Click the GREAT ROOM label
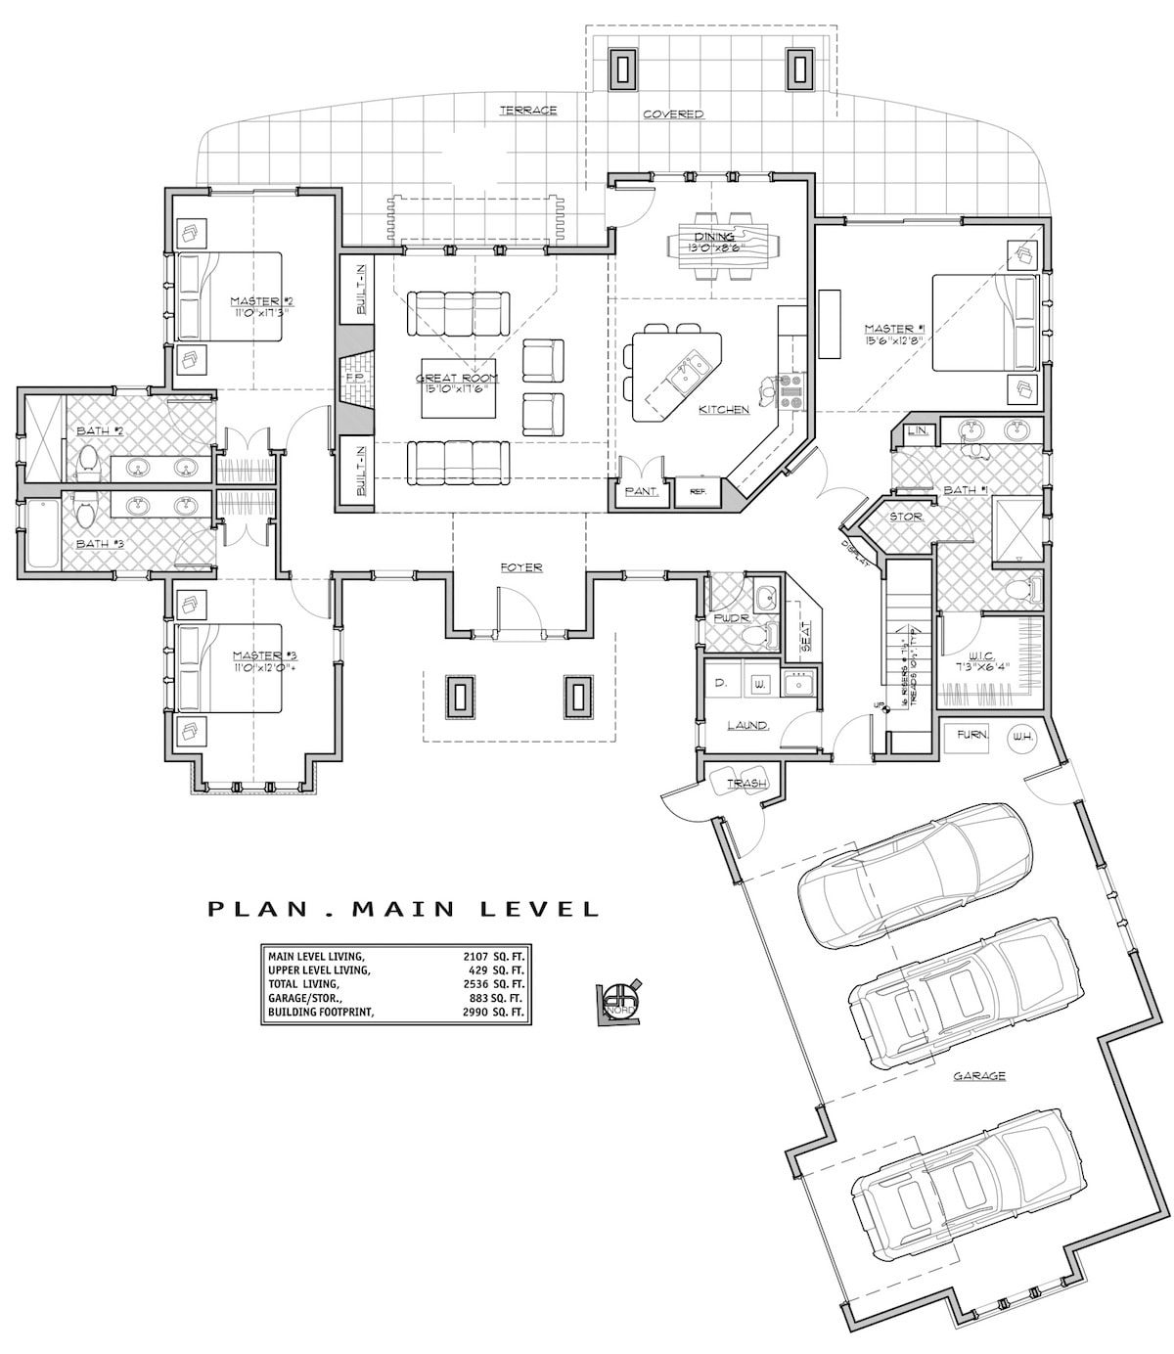click(457, 378)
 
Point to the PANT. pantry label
click(640, 492)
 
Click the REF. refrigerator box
click(698, 492)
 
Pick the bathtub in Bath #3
click(42, 534)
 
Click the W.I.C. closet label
click(983, 657)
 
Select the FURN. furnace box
click(972, 735)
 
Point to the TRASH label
click(745, 783)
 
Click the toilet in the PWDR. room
click(754, 637)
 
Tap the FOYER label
click(520, 566)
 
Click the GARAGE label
click(979, 1076)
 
